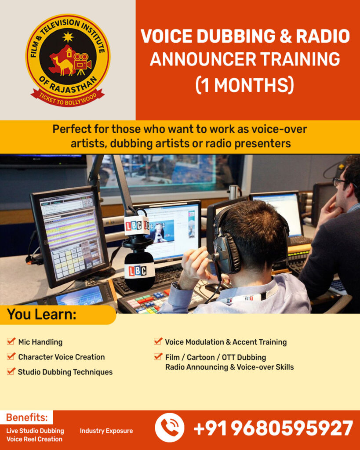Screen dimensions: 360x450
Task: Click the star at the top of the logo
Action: [x=68, y=37]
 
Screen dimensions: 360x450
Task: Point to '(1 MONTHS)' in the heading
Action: [x=245, y=85]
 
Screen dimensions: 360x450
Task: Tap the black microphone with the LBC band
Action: [x=139, y=271]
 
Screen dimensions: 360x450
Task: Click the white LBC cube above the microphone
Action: [x=137, y=226]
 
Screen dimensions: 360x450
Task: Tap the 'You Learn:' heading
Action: [x=42, y=314]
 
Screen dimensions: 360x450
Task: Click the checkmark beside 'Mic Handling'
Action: [x=11, y=341]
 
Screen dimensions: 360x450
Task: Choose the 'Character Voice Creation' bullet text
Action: [x=62, y=357]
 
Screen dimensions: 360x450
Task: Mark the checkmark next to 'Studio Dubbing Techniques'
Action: [x=11, y=371]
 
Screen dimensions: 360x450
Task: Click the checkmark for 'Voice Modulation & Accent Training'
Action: [x=158, y=341]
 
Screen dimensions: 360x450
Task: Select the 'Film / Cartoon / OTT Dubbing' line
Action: [x=215, y=357]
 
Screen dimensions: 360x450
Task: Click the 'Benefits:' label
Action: [x=27, y=417]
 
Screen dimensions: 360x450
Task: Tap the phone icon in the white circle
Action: [x=170, y=428]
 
